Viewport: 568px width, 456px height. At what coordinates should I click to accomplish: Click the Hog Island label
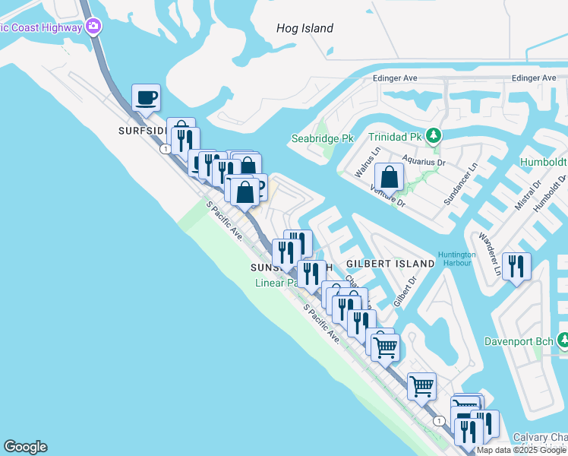point(305,28)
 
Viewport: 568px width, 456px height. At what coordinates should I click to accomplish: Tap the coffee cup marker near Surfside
point(146,97)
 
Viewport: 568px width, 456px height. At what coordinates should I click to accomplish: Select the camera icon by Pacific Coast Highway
point(93,27)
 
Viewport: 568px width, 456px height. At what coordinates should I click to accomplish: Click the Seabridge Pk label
point(323,139)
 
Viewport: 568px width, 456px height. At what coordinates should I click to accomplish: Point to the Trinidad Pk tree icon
point(433,136)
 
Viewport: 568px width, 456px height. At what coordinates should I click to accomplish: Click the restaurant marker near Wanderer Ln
point(516,266)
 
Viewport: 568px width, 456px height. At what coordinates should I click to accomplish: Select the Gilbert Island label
point(390,263)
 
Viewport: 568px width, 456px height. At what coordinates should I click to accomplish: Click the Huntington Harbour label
point(456,259)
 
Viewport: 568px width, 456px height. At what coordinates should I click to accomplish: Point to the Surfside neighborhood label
point(141,130)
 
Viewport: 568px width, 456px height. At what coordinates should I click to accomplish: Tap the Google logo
point(25,447)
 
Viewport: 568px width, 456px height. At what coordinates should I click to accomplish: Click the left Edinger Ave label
point(395,78)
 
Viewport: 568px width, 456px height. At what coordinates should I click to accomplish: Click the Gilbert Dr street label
point(404,291)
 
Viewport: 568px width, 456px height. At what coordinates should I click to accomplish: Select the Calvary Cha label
point(540,437)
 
